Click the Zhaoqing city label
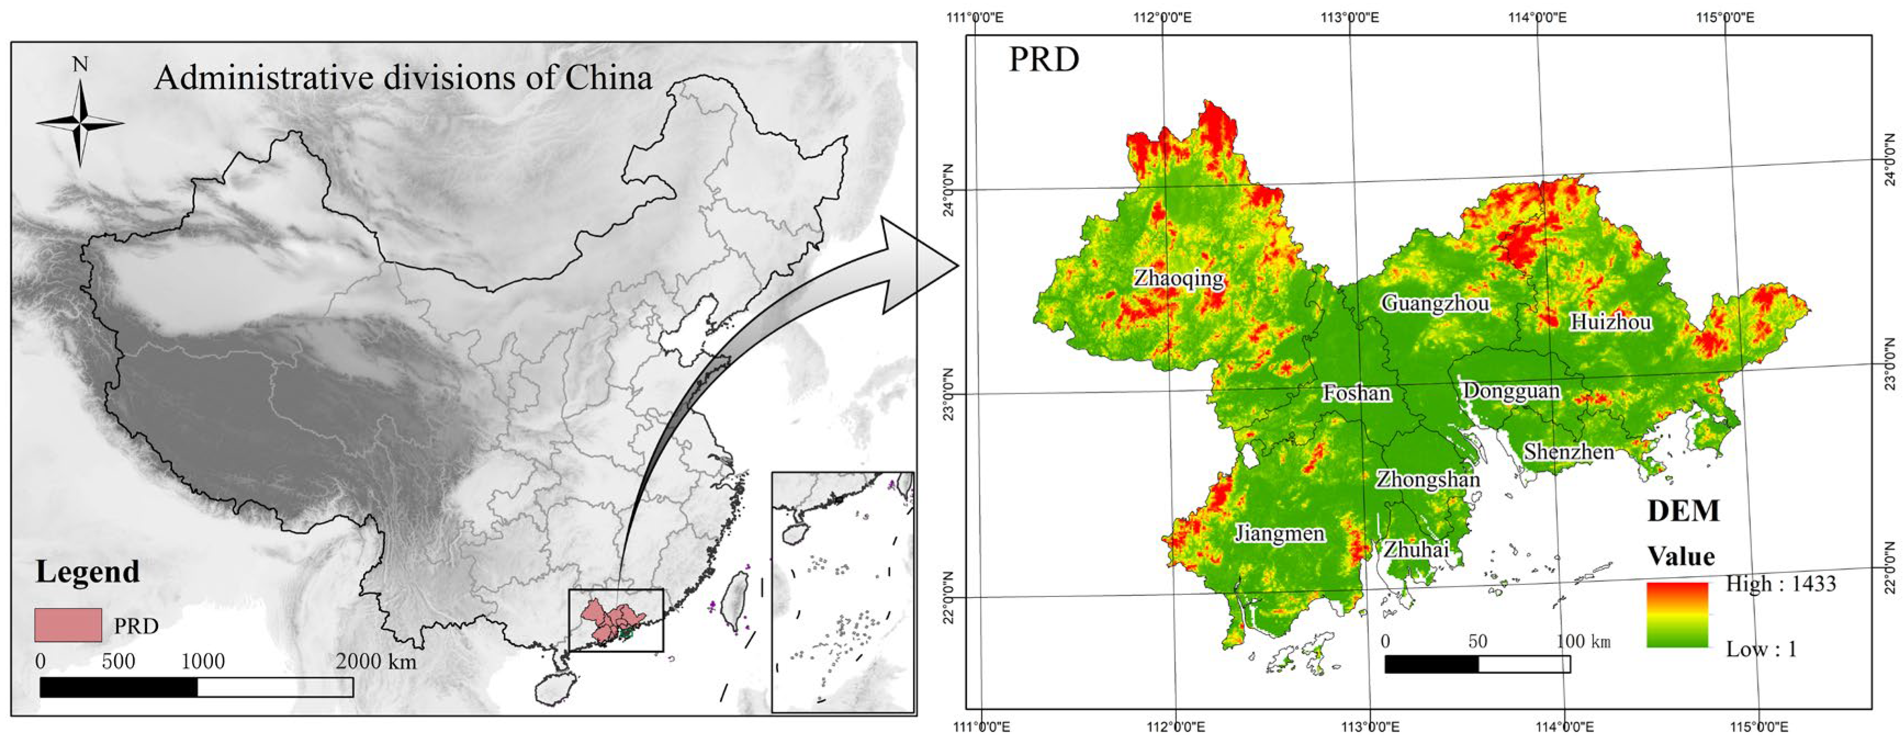[x=1179, y=278]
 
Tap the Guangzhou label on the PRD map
[x=1435, y=303]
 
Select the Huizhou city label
[x=1610, y=322]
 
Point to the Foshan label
[x=1356, y=393]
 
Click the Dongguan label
[x=1512, y=391]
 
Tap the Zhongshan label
[x=1427, y=480]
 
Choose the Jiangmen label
[x=1279, y=533]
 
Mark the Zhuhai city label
[x=1416, y=549]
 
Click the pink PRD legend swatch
[x=68, y=624]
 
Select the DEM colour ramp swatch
[x=1677, y=615]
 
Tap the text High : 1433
[x=1781, y=584]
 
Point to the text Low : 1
[x=1761, y=649]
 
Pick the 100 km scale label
[x=1582, y=641]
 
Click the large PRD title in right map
[x=1043, y=60]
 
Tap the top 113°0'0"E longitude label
[x=1350, y=17]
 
